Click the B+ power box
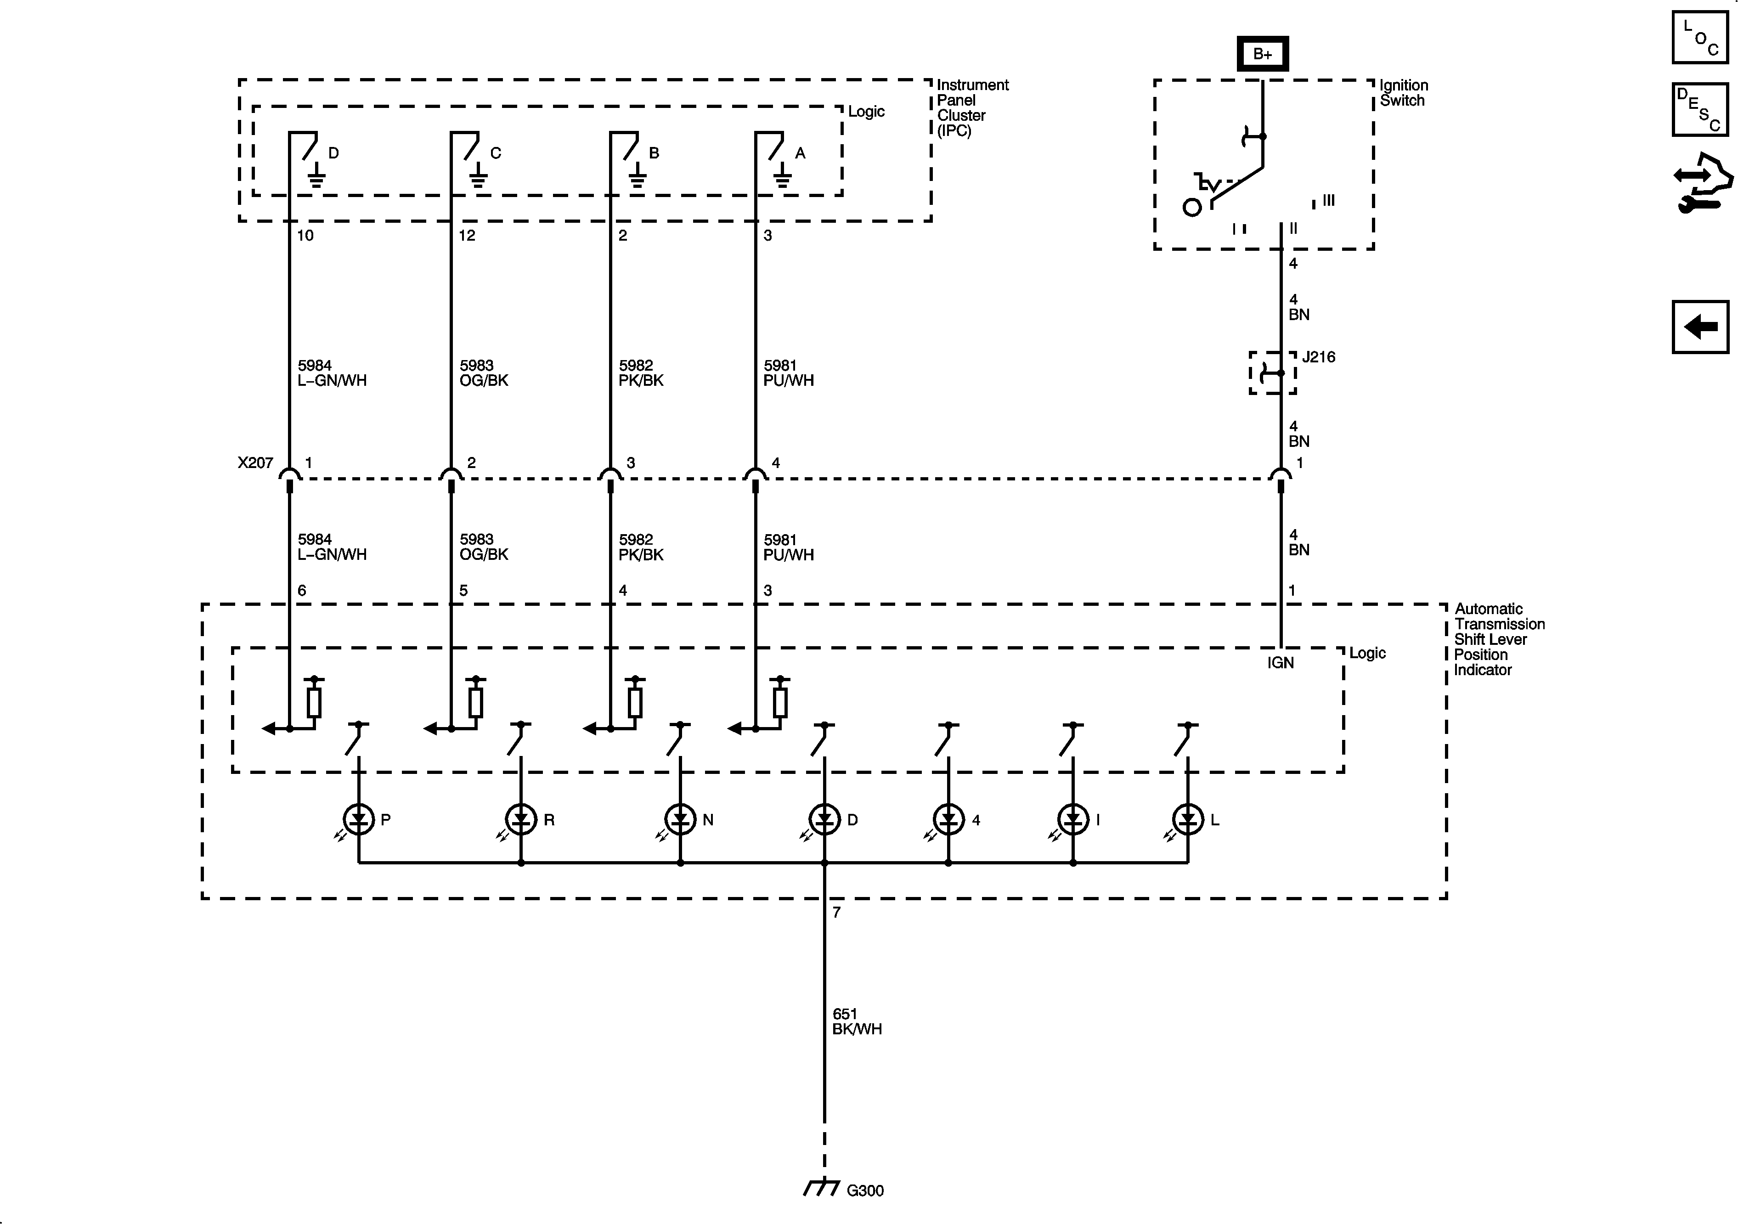1263,54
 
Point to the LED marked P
358,819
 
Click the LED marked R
521,819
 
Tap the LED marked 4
948,819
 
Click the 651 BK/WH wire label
857,1021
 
